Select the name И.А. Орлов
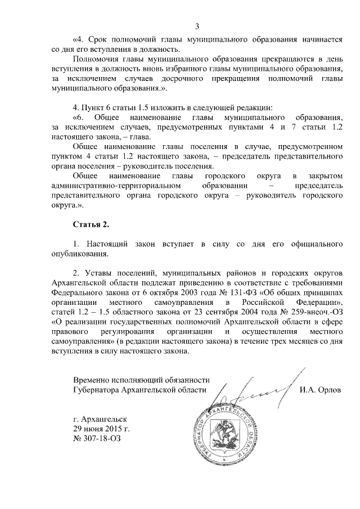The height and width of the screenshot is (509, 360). click(320, 389)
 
